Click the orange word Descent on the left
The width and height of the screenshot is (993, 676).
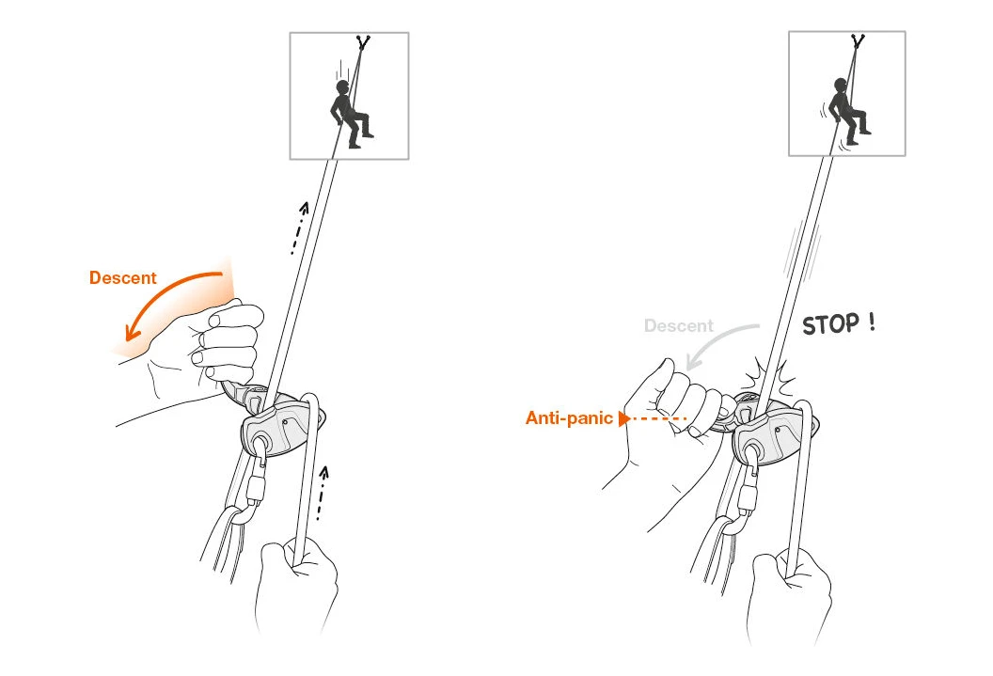tap(122, 278)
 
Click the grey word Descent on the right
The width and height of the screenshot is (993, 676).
tap(678, 326)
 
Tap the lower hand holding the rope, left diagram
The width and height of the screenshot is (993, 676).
tap(295, 583)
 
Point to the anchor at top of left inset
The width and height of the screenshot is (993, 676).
tap(362, 42)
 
